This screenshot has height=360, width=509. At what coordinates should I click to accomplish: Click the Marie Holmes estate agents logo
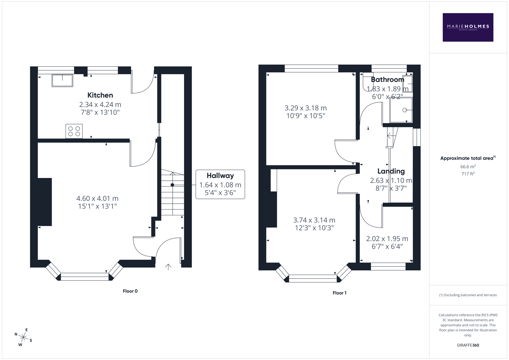click(468, 27)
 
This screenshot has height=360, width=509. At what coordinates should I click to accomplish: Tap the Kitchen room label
click(100, 95)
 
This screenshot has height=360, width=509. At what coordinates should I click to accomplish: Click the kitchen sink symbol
click(62, 80)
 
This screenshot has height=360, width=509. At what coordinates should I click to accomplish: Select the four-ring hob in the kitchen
click(74, 131)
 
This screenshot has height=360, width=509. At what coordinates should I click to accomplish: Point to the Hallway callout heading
click(220, 176)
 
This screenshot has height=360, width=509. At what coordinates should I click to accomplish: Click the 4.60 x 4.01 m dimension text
click(97, 199)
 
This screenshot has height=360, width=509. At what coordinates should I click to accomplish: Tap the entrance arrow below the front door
click(168, 266)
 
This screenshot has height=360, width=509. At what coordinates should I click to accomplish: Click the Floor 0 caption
click(130, 291)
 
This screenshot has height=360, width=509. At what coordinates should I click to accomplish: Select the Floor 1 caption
click(339, 293)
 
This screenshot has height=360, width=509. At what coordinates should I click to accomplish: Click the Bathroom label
click(387, 80)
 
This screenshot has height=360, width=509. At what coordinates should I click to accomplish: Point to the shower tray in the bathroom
click(401, 110)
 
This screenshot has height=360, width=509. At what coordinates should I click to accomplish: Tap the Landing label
click(391, 171)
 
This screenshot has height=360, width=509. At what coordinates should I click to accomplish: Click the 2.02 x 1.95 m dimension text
click(387, 239)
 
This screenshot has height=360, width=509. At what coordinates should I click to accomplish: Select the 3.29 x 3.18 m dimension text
click(305, 108)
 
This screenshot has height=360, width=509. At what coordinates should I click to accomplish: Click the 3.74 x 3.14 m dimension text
click(314, 220)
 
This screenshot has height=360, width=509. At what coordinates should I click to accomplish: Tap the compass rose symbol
click(23, 337)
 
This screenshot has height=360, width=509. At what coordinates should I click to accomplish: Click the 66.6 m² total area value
click(468, 167)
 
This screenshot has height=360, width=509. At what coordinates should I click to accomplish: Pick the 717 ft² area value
click(468, 174)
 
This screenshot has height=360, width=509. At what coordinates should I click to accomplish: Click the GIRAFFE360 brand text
click(468, 345)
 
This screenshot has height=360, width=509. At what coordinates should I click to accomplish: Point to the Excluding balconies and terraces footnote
click(468, 295)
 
